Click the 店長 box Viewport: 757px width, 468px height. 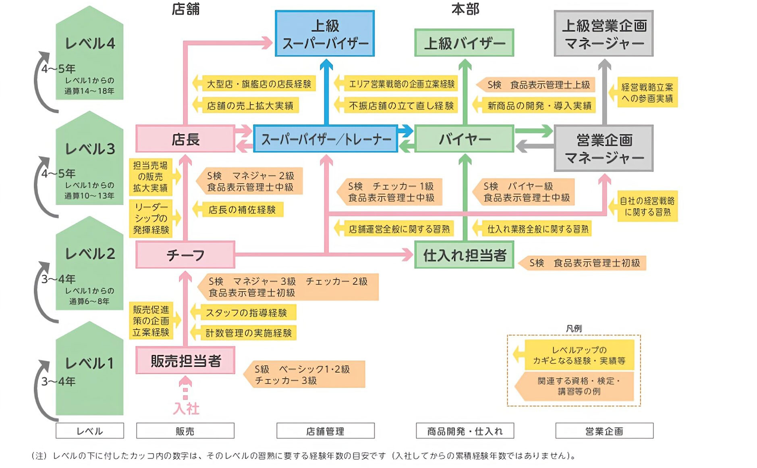point(185,139)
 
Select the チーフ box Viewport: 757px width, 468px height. point(185,255)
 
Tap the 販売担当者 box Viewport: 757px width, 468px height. point(185,360)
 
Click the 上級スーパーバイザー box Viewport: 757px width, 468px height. point(325,34)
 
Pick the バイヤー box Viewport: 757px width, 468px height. point(464,139)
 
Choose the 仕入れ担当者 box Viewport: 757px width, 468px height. point(464,255)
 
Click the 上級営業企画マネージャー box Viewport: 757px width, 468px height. point(604,34)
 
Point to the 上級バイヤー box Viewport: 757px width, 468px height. point(464,43)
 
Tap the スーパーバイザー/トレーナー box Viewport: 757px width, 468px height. point(326,139)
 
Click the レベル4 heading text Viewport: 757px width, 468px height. point(90,43)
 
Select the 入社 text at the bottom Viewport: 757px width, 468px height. point(186,408)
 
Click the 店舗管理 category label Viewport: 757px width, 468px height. point(325,431)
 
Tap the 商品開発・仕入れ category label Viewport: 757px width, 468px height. point(465,431)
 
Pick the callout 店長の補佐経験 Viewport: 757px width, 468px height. point(242,209)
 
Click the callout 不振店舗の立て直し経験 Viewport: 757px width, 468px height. point(400,106)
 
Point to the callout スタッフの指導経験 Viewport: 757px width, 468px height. point(246,313)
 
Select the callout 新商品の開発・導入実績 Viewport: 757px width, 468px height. point(539,106)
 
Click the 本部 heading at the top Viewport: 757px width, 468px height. point(465,9)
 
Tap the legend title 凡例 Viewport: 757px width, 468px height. point(574,329)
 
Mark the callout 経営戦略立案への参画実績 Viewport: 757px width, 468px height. point(647,93)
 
